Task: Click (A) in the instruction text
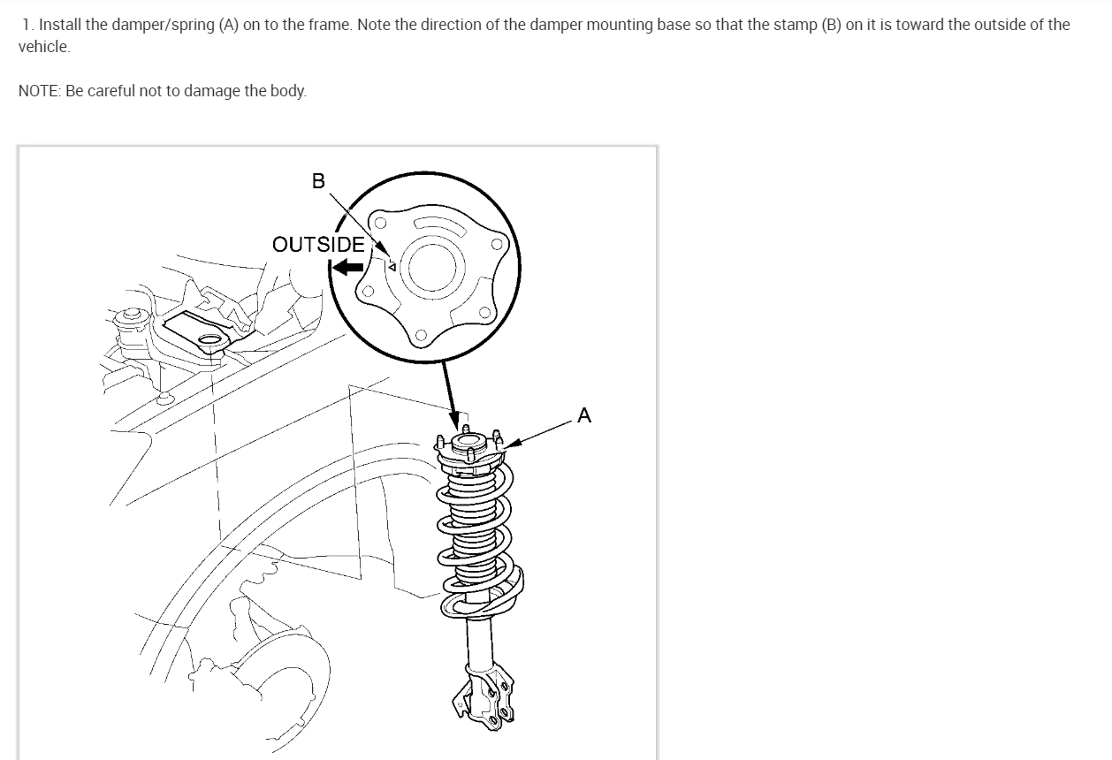(x=228, y=25)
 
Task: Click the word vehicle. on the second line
(x=44, y=47)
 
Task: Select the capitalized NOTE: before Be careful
(x=38, y=91)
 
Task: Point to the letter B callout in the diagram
(x=318, y=181)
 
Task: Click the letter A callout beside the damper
(x=583, y=414)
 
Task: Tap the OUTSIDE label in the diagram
(x=318, y=244)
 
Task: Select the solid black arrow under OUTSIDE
(x=348, y=268)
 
